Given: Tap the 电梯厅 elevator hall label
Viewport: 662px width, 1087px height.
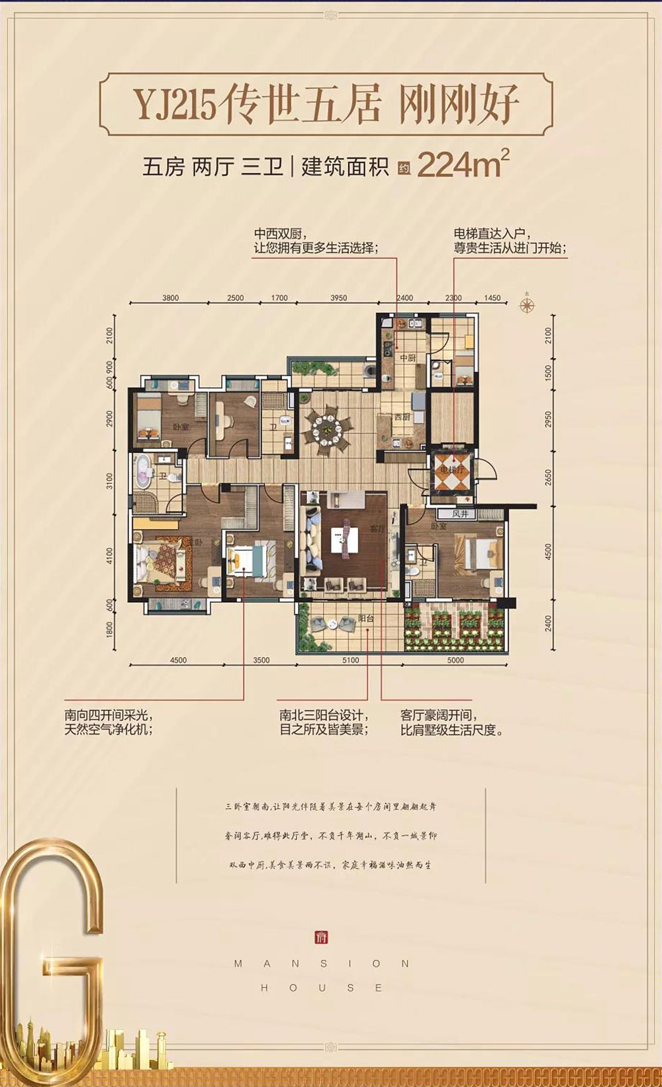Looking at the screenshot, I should click(453, 470).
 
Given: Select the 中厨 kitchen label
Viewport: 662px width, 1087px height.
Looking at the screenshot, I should click(407, 358).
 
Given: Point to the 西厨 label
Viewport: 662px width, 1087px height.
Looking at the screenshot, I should click(402, 417).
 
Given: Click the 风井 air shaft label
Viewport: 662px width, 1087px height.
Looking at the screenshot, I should click(461, 513).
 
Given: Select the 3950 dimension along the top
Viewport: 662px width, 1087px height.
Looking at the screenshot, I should click(338, 298).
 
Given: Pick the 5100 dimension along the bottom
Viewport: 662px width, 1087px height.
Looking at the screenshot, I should click(351, 660).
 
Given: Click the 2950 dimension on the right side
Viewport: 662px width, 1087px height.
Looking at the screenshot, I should click(547, 419).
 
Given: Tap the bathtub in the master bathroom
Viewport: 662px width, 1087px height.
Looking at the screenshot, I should click(143, 472).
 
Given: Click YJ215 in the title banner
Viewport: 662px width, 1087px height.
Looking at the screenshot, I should click(177, 105).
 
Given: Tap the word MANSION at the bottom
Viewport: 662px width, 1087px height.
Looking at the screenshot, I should click(322, 964).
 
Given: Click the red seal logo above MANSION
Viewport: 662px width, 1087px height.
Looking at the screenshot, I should click(322, 938).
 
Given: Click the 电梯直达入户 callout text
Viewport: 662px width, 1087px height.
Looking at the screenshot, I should click(489, 234).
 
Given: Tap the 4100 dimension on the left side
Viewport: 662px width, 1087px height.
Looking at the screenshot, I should click(109, 556).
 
